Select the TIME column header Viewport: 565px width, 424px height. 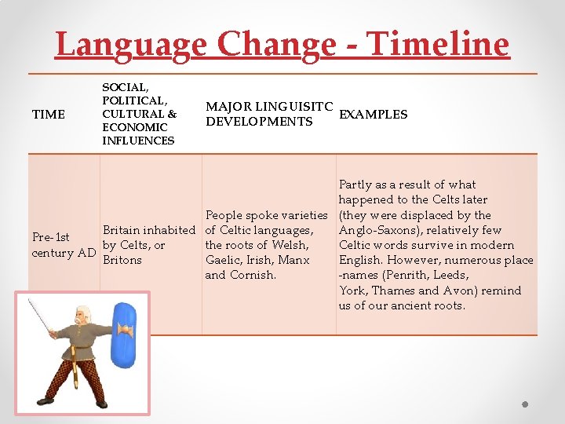point(48,115)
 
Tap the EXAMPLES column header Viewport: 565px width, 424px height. point(373,115)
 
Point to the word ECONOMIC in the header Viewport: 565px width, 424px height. point(134,127)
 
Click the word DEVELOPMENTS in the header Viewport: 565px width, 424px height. point(259,122)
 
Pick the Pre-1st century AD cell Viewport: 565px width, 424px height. point(64,245)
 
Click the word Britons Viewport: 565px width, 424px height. point(122,260)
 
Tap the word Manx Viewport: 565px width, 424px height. point(294,260)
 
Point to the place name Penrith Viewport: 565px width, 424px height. point(408,275)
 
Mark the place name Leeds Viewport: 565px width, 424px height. point(452,275)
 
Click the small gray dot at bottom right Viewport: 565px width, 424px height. point(525,405)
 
